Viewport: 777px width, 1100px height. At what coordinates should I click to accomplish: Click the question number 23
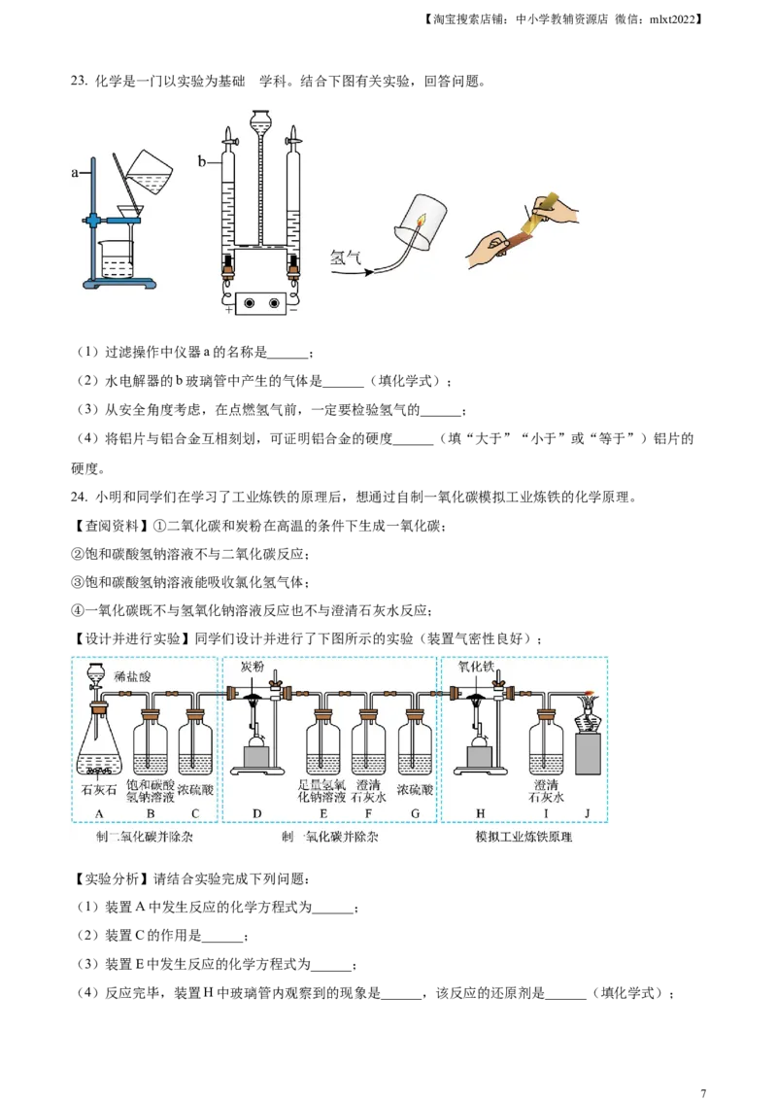point(80,82)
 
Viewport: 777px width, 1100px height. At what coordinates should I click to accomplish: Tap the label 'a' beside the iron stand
point(75,172)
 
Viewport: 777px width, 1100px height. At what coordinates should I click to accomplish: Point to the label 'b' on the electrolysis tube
point(202,161)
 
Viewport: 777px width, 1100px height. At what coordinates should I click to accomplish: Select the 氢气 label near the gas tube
point(345,258)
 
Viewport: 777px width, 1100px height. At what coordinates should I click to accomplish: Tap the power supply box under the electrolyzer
point(260,303)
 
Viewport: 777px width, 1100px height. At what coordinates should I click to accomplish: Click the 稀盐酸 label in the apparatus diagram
point(132,676)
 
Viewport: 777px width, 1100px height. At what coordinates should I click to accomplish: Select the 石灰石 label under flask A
point(99,791)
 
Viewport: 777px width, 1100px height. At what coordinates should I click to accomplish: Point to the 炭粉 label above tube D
point(253,666)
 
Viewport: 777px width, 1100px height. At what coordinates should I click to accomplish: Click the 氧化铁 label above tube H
point(476,666)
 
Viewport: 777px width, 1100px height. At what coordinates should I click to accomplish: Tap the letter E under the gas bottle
point(323,813)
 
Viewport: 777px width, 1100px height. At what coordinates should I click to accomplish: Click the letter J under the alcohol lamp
point(587,813)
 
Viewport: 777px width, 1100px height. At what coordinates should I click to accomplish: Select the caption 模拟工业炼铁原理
point(524,837)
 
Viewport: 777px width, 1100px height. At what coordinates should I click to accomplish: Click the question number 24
point(80,498)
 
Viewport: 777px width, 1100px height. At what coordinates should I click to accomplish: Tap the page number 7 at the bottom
point(703,1093)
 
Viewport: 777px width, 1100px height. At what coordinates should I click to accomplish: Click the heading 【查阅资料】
point(110,526)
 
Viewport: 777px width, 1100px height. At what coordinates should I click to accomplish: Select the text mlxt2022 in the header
point(672,19)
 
